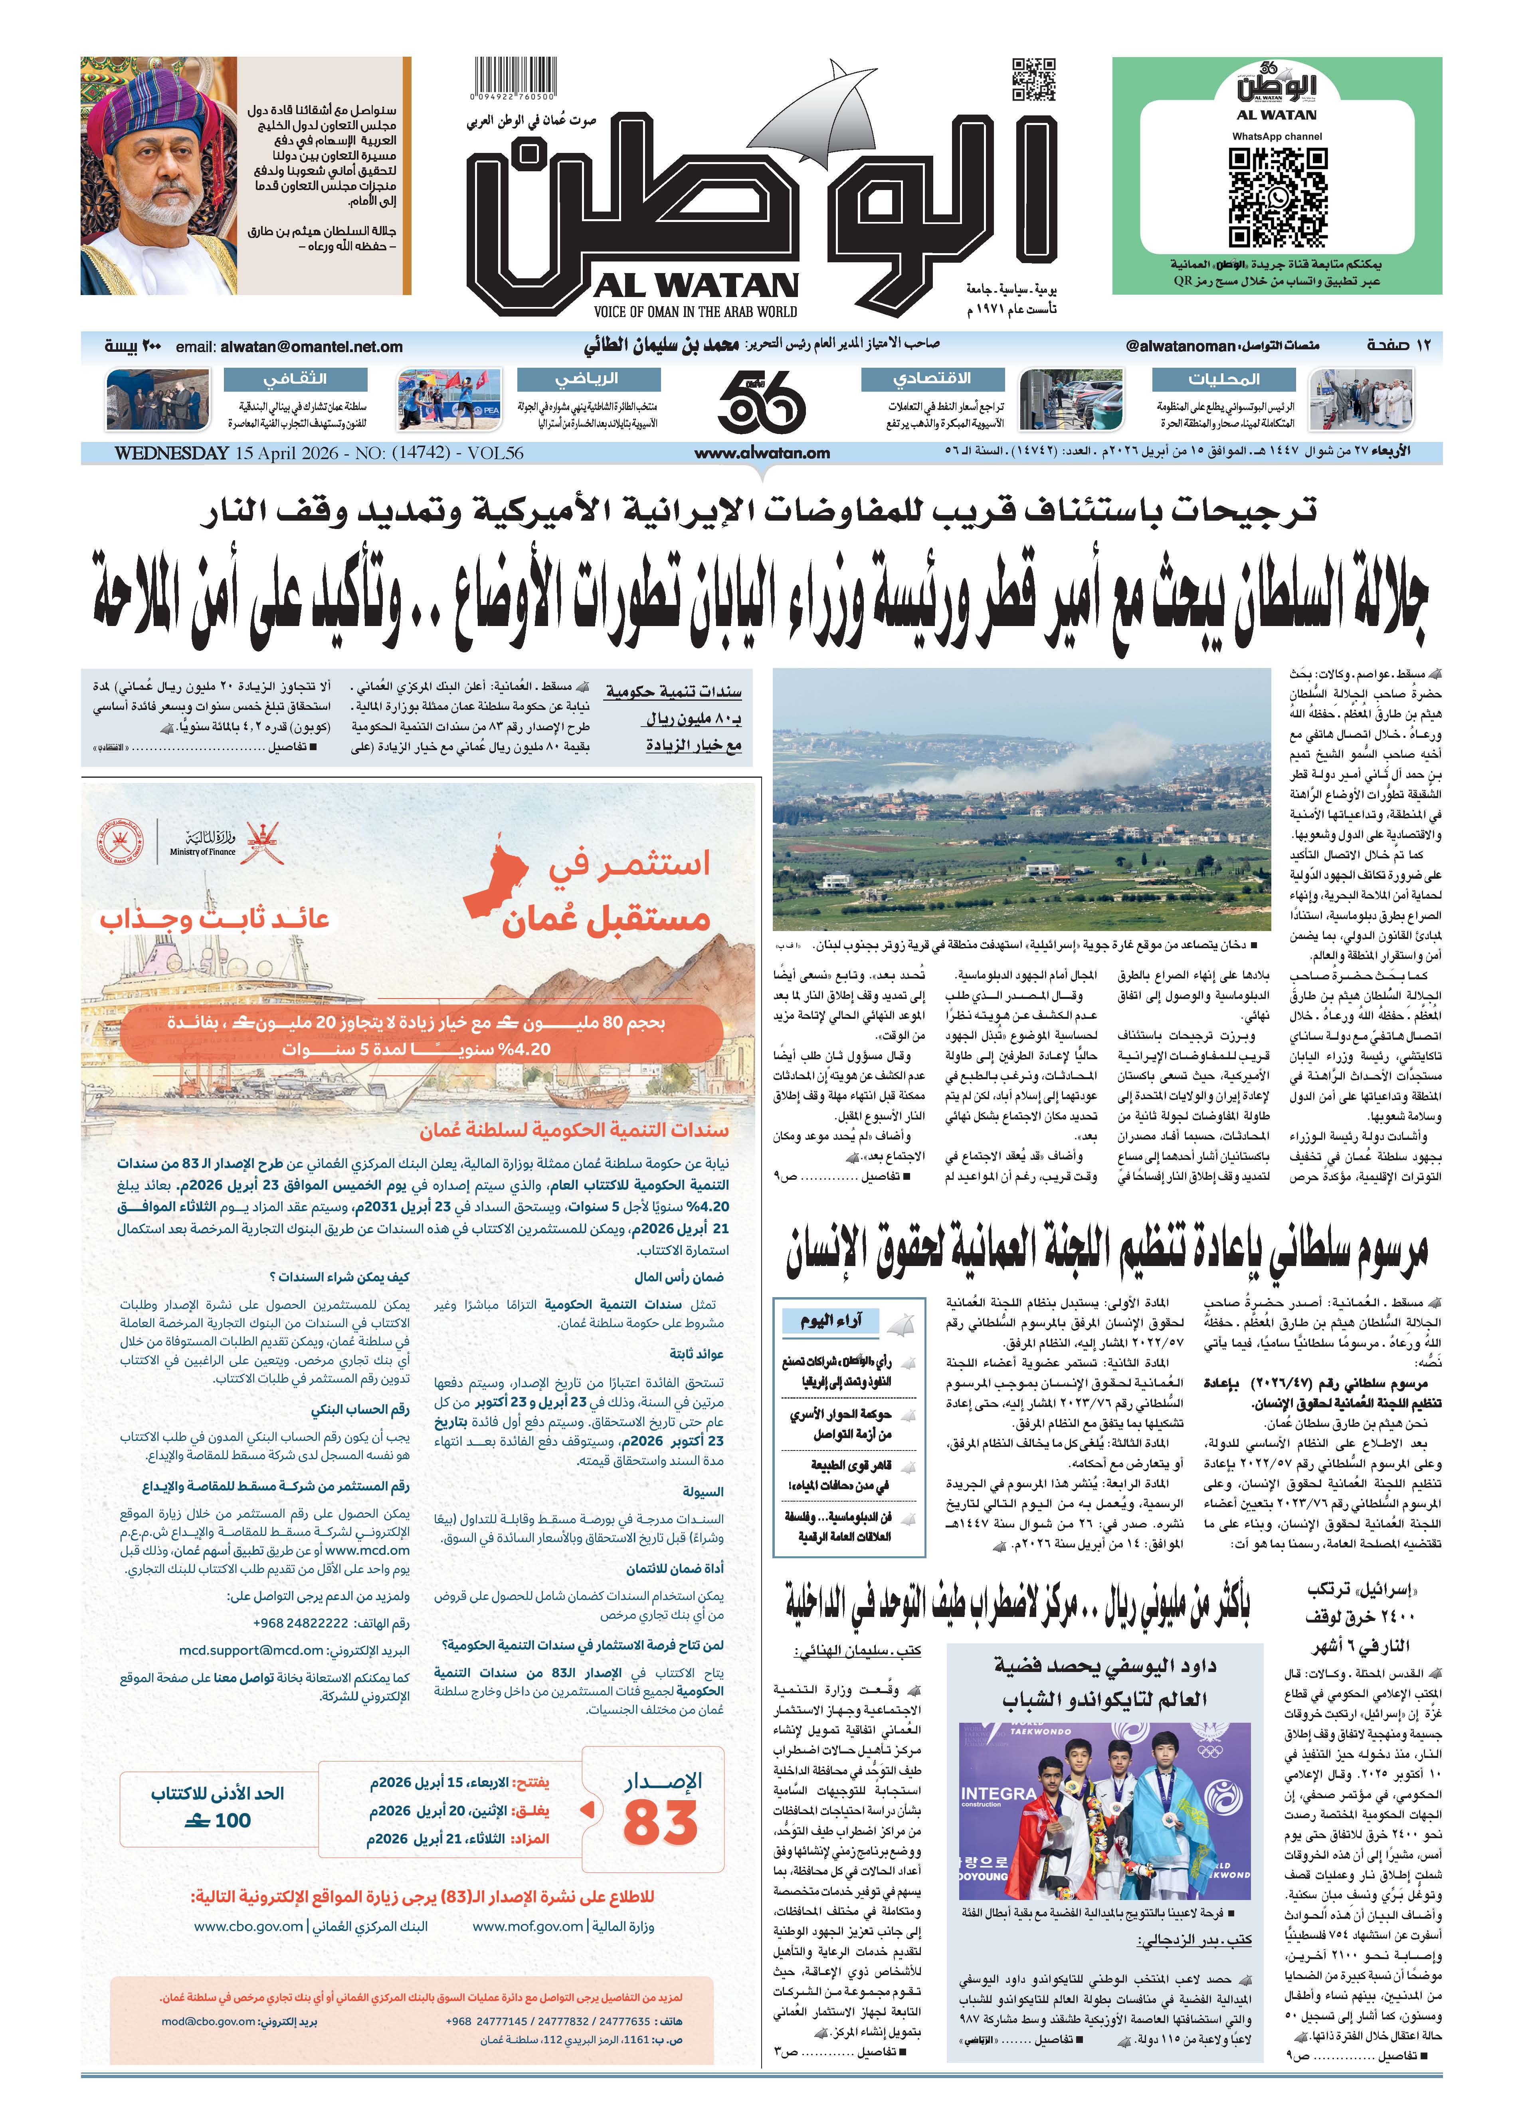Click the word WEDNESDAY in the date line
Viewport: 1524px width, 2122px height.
click(x=171, y=453)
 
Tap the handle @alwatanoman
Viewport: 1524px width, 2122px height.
click(x=1181, y=346)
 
